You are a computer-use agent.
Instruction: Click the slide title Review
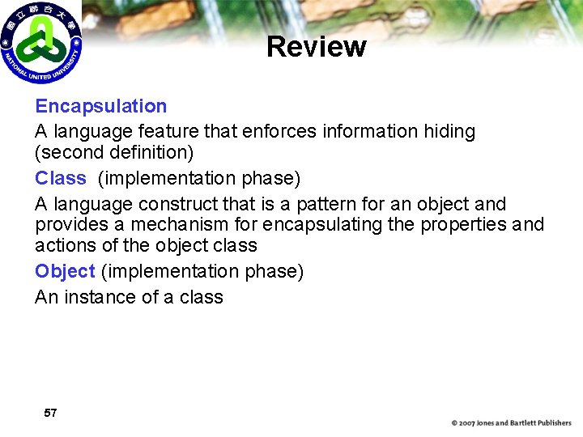pos(316,47)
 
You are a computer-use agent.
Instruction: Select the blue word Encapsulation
pos(101,106)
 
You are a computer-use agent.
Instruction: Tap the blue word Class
pos(61,178)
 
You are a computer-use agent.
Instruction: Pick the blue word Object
pos(65,271)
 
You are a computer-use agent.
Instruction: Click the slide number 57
pos(50,413)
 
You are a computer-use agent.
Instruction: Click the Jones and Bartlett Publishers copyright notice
pos(511,423)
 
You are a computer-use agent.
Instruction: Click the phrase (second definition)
pos(114,152)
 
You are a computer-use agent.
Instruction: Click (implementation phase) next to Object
pos(202,271)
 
